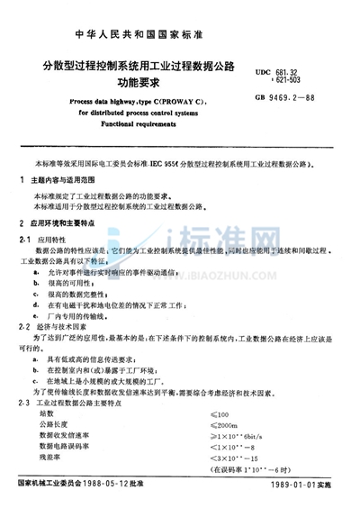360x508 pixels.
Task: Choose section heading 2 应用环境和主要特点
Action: [x=63, y=221]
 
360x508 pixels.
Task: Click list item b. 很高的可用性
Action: [x=85, y=274]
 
